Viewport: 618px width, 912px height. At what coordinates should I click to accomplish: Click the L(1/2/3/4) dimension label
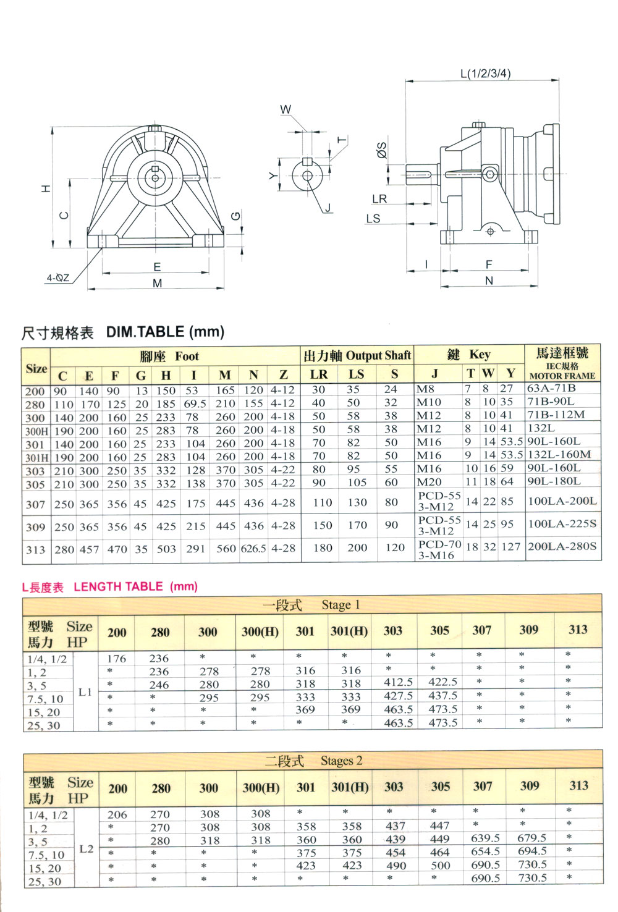[485, 74]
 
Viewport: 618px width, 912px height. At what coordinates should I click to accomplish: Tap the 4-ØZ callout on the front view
[58, 278]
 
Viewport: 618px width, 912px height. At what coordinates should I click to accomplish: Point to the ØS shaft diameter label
[381, 150]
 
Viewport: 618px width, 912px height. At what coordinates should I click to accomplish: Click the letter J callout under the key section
[328, 208]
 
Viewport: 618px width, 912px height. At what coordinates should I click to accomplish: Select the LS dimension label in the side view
[373, 219]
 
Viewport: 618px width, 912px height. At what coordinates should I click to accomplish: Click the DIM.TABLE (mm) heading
[165, 332]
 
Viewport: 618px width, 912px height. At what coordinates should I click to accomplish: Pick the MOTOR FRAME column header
[562, 376]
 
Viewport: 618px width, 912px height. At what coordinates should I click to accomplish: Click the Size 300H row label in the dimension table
[36, 431]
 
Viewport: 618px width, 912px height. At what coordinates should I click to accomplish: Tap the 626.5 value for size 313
[253, 549]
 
